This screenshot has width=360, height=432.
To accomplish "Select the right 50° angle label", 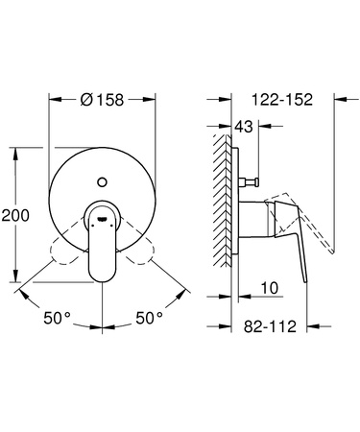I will tap(148, 315).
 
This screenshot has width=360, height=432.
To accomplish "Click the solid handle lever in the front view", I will tap(102, 252).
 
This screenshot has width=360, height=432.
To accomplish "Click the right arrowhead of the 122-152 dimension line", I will tap(332, 97).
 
